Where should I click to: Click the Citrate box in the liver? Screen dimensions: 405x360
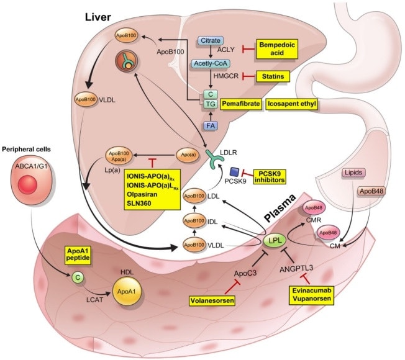(x=211, y=40)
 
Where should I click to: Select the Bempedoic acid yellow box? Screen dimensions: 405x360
(x=276, y=49)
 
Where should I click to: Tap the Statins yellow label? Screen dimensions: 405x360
(x=273, y=76)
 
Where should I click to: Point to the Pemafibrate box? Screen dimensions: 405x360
(x=241, y=104)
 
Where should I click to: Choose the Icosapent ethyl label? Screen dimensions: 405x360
(x=291, y=104)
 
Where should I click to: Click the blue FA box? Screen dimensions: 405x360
(x=211, y=125)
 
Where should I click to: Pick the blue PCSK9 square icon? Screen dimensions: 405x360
(x=235, y=172)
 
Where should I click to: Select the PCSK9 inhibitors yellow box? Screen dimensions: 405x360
(x=270, y=176)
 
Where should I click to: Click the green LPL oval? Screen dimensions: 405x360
(x=274, y=240)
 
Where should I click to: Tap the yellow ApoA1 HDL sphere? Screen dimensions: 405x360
(x=127, y=291)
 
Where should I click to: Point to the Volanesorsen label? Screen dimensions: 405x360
(x=212, y=300)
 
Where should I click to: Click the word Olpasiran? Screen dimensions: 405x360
(x=142, y=194)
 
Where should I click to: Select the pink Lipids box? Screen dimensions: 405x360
(x=353, y=173)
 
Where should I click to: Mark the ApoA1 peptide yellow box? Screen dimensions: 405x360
(x=78, y=254)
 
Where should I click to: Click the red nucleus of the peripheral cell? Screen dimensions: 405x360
(x=27, y=184)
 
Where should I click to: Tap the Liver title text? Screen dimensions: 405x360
(x=98, y=17)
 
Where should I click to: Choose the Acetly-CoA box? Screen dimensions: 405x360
(x=210, y=63)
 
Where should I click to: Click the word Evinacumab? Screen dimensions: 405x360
(x=311, y=290)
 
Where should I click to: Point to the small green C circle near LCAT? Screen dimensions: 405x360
(x=78, y=277)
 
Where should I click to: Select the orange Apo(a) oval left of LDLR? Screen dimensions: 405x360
(x=188, y=155)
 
